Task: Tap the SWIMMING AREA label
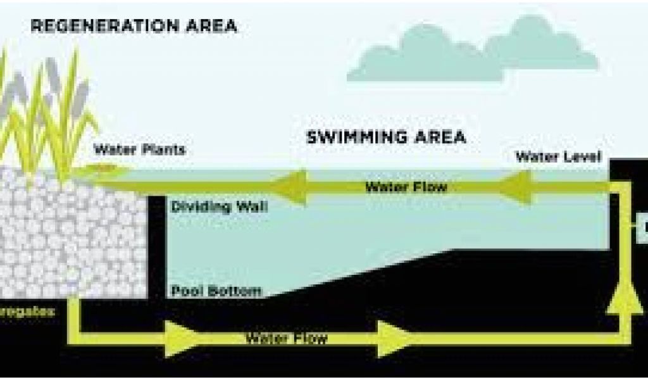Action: pos(386,137)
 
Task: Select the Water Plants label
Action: pos(139,151)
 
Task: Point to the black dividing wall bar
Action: pos(156,247)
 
